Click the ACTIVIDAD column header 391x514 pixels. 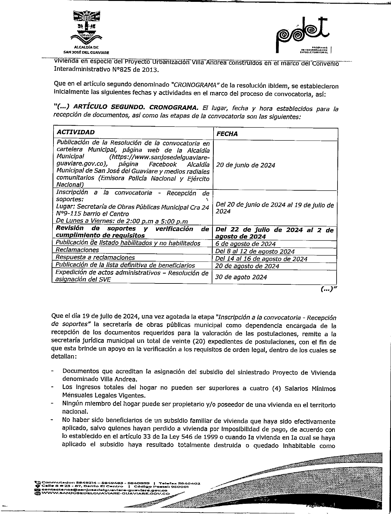pyautogui.click(x=76, y=132)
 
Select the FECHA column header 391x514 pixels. pyautogui.click(x=227, y=134)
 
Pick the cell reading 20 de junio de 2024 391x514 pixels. pyautogui.click(x=245, y=165)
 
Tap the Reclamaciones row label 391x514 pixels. pyautogui.click(x=77, y=250)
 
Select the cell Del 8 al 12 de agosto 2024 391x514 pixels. pyautogui.click(x=255, y=252)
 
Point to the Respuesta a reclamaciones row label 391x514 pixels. pyautogui.click(x=95, y=257)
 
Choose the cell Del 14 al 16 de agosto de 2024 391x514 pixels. pyautogui.click(x=261, y=259)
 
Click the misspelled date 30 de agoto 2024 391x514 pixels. pyautogui.click(x=241, y=277)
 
